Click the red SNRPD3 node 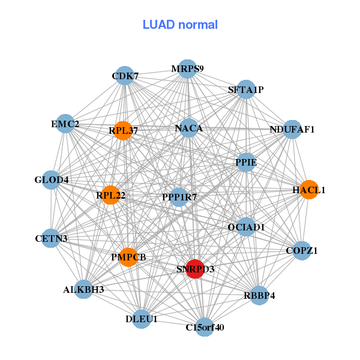pyautogui.click(x=195, y=269)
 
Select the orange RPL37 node pyautogui.click(x=123, y=131)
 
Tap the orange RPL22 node pyautogui.click(x=110, y=195)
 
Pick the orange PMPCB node pyautogui.click(x=128, y=257)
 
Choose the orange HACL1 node pyautogui.click(x=309, y=190)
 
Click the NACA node pyautogui.click(x=189, y=128)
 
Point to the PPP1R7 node pyautogui.click(x=179, y=197)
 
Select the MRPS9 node pyautogui.click(x=187, y=69)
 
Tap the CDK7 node pyautogui.click(x=125, y=76)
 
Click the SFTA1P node pyautogui.click(x=246, y=89)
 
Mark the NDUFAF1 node pyautogui.click(x=292, y=130)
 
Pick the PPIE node pyautogui.click(x=246, y=163)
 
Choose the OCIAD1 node pyautogui.click(x=246, y=227)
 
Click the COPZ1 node pyautogui.click(x=302, y=251)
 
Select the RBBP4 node pyautogui.click(x=259, y=295)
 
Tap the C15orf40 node pyautogui.click(x=205, y=327)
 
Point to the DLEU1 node pyautogui.click(x=142, y=319)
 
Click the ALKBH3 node pyautogui.click(x=84, y=289)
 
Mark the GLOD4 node pyautogui.click(x=52, y=180)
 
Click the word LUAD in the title pyautogui.click(x=158, y=25)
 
